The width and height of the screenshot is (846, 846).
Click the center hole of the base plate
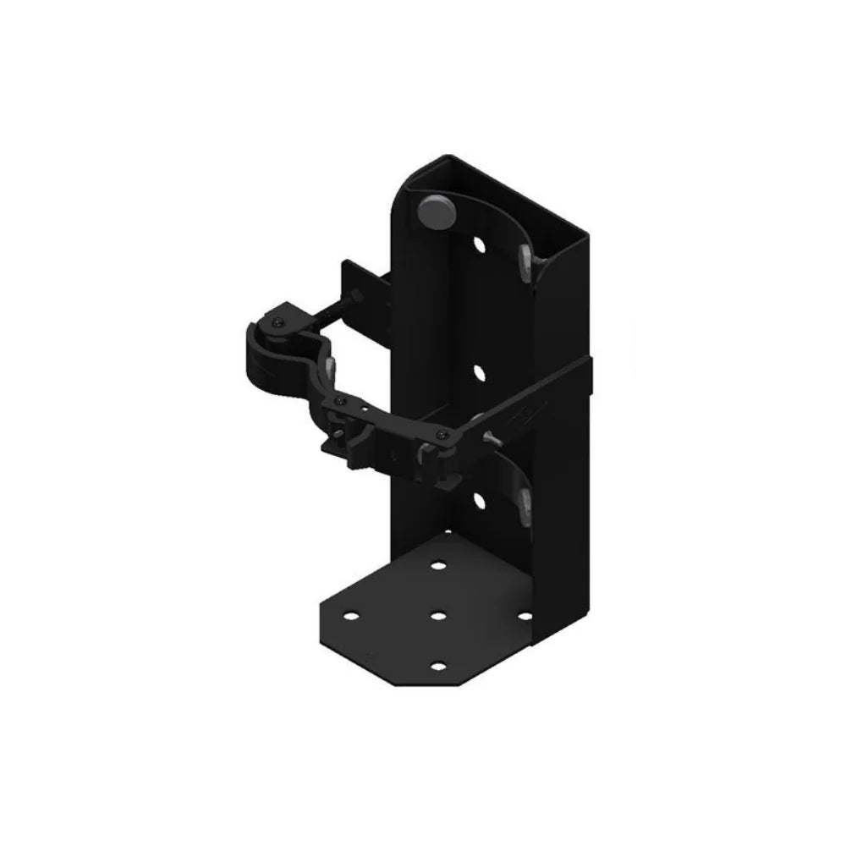(437, 616)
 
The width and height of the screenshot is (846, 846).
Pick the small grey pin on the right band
(491, 437)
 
